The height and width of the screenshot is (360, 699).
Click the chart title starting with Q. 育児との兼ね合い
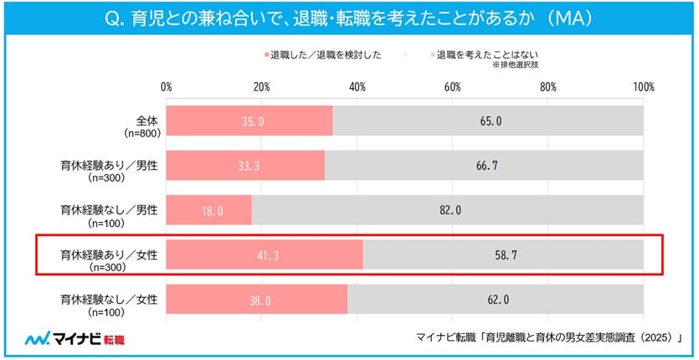pos(349,18)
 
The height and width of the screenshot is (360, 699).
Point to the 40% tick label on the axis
pos(357,87)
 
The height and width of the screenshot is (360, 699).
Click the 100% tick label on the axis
pos(643,87)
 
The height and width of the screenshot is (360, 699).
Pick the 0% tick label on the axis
pos(166,87)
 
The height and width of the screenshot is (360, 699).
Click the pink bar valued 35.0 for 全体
pos(249,121)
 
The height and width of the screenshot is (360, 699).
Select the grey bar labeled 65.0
pos(489,121)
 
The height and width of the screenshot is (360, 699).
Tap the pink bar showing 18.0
pos(208,210)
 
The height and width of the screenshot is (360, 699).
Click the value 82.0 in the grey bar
pos(448,210)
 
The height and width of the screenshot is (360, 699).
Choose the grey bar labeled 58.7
pos(503,255)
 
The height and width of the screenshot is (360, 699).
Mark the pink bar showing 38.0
pos(256,298)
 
